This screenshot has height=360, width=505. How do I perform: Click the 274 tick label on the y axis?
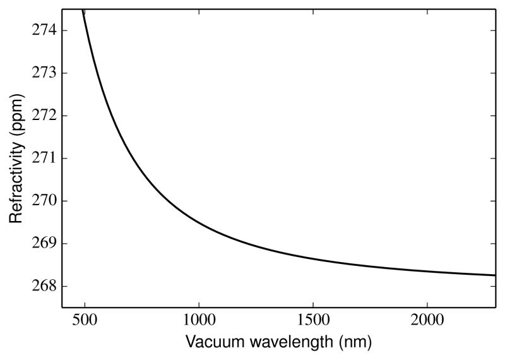(43, 30)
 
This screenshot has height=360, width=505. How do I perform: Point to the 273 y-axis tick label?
(43, 73)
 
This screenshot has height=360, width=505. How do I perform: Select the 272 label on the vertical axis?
(43, 116)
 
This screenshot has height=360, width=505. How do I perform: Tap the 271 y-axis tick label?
(43, 158)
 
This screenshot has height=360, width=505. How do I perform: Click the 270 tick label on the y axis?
(43, 201)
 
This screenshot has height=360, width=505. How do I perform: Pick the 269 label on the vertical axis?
(43, 243)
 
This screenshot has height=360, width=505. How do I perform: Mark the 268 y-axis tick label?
(43, 286)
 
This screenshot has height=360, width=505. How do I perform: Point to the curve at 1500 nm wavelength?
(313, 258)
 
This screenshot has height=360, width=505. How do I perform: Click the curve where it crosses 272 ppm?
(107, 116)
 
